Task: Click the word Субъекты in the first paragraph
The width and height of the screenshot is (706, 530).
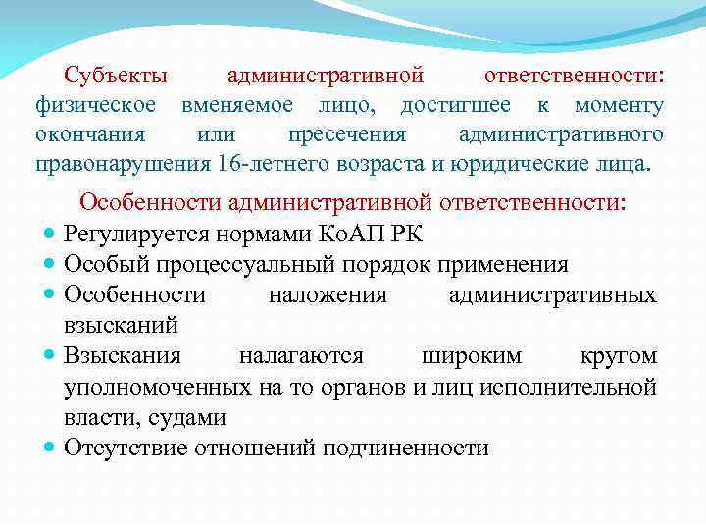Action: (x=116, y=76)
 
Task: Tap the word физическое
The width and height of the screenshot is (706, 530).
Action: (x=96, y=105)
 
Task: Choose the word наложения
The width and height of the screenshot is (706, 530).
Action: (x=328, y=294)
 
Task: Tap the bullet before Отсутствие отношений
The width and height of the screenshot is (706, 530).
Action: (x=49, y=449)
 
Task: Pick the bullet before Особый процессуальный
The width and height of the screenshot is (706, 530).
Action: (x=49, y=266)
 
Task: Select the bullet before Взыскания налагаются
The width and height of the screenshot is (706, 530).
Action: (x=49, y=356)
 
